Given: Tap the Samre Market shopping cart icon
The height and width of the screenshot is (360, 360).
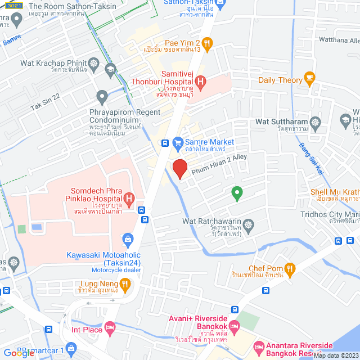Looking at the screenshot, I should coord(178,142).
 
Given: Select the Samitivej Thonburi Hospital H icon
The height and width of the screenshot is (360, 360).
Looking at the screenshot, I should coord(201,82).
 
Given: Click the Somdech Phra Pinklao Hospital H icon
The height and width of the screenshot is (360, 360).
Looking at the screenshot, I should coord(129,198).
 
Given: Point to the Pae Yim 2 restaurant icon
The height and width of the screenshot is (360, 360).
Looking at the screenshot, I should coord(207,43).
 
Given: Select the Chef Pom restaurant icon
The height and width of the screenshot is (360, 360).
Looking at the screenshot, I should coord(290,269).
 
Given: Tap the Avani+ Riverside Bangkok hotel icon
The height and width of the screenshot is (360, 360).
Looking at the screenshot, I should coord(235,326).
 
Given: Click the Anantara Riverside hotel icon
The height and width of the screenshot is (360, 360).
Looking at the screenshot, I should coord(258,345).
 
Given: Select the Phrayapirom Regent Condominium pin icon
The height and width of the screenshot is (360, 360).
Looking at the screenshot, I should coord(102,97).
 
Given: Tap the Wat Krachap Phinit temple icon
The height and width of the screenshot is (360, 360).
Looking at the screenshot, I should coord(93,62).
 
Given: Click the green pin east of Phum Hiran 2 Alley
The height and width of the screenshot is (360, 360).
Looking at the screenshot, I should coord(237,193).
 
